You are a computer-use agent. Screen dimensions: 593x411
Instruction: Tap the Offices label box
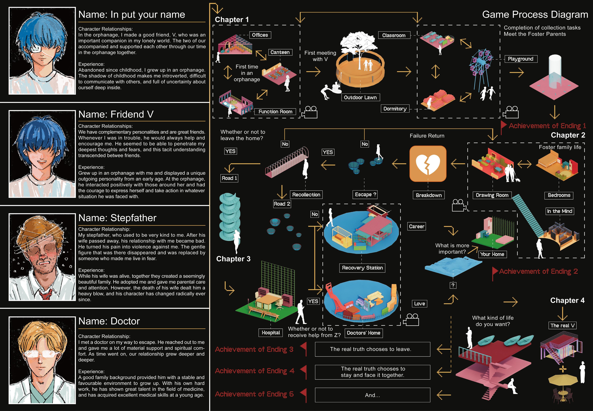pos(260,35)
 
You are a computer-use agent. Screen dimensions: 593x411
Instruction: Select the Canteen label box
pos(280,52)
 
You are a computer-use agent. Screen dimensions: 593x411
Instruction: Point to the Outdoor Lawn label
pos(360,97)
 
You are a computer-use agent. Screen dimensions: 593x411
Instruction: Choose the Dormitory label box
pos(395,109)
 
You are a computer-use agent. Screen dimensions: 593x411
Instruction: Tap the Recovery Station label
pos(362,268)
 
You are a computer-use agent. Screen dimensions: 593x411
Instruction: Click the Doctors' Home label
pos(363,333)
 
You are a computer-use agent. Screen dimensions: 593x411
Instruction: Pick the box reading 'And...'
pos(372,395)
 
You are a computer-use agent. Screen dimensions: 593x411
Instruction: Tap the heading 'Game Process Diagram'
pos(535,14)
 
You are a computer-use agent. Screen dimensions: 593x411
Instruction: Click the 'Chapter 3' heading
pos(233,259)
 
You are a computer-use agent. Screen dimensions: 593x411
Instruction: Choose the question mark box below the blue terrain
pos(453,285)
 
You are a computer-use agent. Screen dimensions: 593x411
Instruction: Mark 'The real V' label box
pos(562,325)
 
